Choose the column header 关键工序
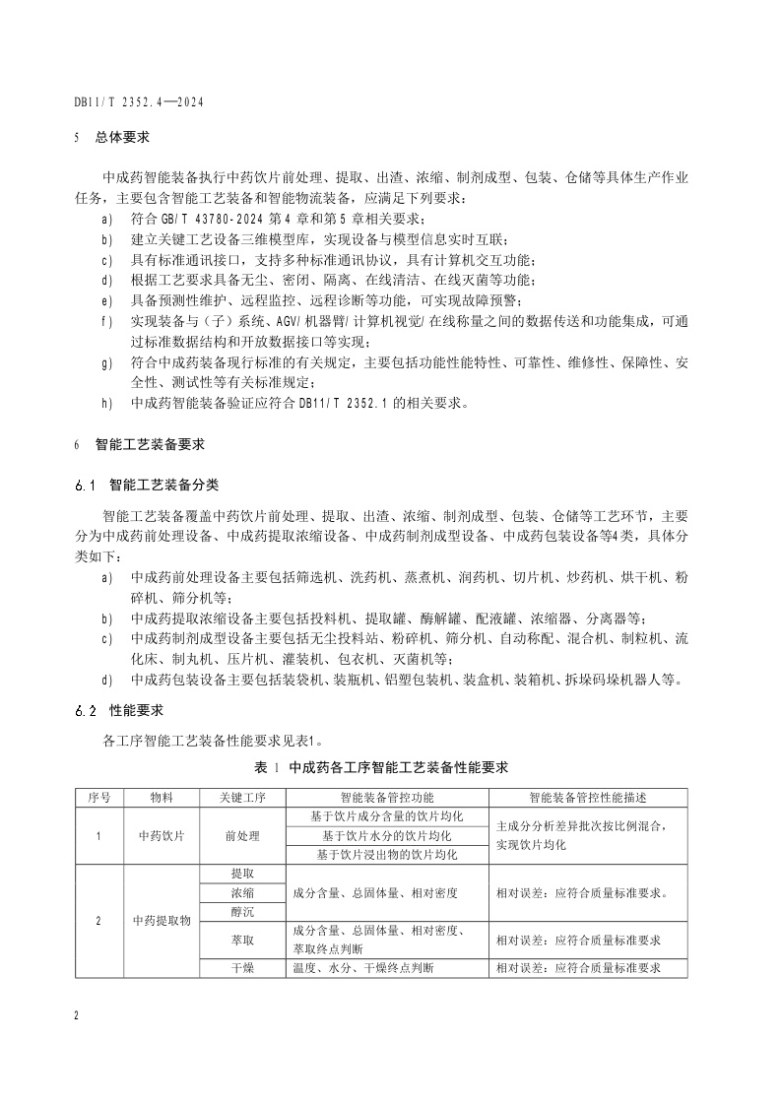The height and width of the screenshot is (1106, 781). [242, 796]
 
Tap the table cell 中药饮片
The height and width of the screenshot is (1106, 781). [161, 836]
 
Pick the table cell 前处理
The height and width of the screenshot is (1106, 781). [242, 836]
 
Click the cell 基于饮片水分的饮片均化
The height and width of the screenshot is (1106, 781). [387, 836]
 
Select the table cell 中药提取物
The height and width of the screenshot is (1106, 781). [161, 921]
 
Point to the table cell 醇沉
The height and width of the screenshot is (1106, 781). [242, 912]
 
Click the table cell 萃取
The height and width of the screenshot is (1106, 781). [242, 940]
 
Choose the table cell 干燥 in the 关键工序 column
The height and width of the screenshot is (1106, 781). [242, 968]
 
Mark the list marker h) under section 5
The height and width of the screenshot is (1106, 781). [107, 403]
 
